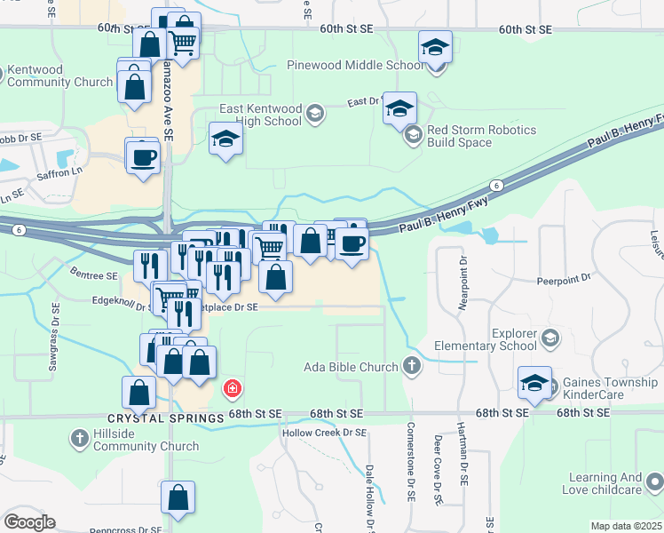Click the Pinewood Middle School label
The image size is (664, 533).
coord(356,66)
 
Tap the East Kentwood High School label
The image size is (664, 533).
coord(260,115)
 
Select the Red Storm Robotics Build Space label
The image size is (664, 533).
coord(481,136)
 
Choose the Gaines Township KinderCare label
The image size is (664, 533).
coord(611,389)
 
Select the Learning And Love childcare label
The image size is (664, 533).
coord(602,483)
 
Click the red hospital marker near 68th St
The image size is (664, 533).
coord(233,388)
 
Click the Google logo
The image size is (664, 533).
coord(30,521)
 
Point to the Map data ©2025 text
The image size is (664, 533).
coord(626,526)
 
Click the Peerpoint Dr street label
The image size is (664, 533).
coord(563,279)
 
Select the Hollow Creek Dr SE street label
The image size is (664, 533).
coord(324,433)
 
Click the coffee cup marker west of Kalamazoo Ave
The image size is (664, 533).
coord(143,158)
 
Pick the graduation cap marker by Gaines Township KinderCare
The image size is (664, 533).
coord(534,383)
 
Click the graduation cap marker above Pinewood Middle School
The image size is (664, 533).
coord(435,47)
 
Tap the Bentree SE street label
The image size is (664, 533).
coord(94,276)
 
